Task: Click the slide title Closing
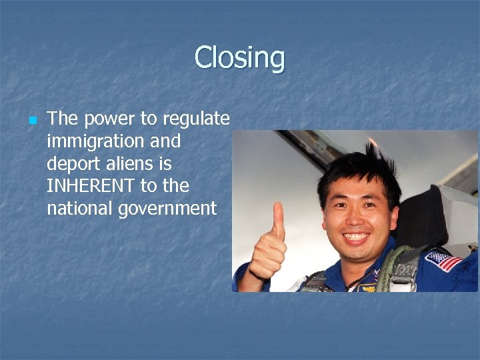(239, 58)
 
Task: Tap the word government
(168, 209)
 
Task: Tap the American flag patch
(443, 259)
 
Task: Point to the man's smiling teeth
(357, 236)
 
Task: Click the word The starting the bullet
(63, 119)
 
